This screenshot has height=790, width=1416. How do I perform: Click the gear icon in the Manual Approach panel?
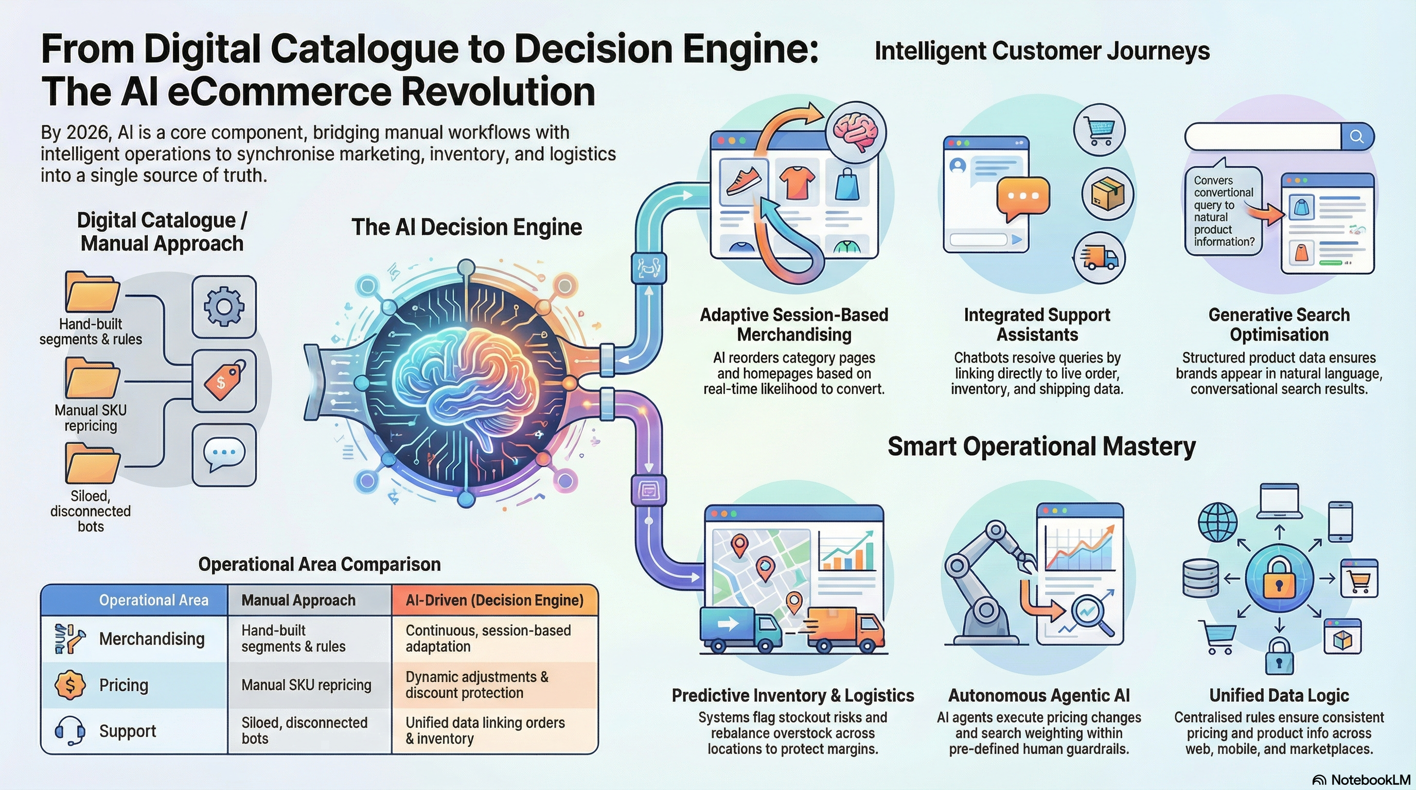coord(224,307)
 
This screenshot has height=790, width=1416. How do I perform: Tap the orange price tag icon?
coord(224,380)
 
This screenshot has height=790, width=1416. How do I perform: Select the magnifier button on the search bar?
coord(1357,136)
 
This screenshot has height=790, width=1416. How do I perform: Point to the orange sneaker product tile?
coord(744,181)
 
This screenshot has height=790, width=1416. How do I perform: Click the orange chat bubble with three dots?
coord(1023,196)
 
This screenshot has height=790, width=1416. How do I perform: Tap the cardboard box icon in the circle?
coord(1107,194)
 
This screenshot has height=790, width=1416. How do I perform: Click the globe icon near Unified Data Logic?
coord(1217,522)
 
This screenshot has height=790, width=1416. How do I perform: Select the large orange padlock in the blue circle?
coord(1279,579)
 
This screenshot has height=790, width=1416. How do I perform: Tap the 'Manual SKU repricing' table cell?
coord(306,685)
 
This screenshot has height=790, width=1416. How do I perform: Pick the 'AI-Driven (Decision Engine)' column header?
coord(494,600)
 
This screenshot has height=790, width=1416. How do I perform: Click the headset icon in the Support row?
coord(70,731)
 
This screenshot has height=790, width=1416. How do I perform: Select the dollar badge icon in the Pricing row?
coord(70,685)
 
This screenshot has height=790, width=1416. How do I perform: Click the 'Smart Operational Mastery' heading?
coord(1041,446)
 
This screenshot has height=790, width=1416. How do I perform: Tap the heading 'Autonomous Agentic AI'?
coord(1038,695)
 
